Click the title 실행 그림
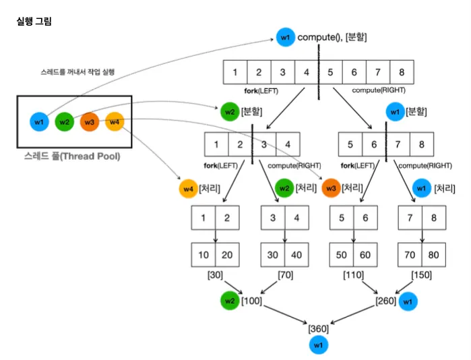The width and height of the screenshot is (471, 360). (x=34, y=22)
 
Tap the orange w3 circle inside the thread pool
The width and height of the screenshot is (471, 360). (x=90, y=122)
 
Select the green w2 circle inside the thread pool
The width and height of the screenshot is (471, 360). (x=65, y=122)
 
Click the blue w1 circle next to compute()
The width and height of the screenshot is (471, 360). (x=285, y=38)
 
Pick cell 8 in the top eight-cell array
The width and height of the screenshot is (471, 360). (x=402, y=72)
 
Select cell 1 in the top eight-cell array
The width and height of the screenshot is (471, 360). (x=235, y=72)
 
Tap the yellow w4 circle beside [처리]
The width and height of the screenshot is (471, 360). (x=187, y=189)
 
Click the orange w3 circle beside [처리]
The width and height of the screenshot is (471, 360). (x=331, y=189)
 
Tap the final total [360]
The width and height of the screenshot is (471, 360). (x=318, y=329)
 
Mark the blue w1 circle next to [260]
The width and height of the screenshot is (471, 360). (x=406, y=303)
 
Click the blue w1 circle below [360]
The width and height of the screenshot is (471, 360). (x=318, y=345)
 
